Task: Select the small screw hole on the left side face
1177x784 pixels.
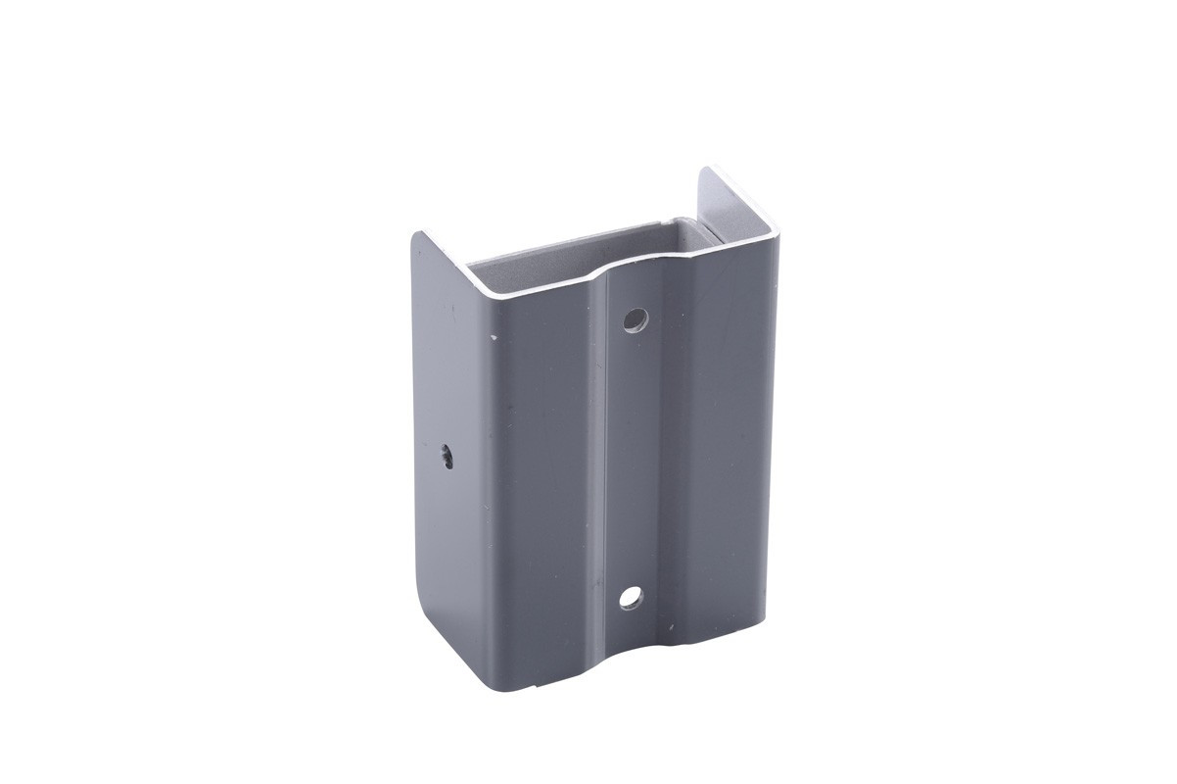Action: point(447,457)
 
